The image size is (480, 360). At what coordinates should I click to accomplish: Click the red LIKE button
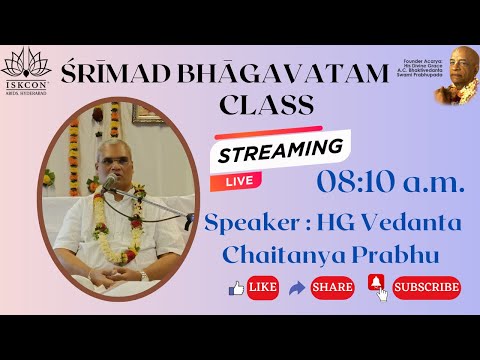tap(261, 288)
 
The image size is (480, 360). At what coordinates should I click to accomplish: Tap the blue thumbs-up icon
tap(237, 288)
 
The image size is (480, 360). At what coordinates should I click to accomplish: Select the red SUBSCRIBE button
tap(426, 288)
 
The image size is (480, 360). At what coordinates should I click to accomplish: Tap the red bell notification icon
tap(377, 286)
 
